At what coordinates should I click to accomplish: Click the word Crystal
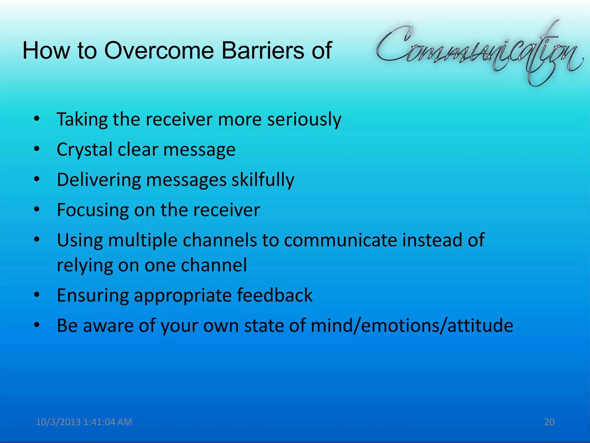[x=84, y=150]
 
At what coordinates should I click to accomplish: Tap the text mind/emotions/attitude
[x=412, y=326]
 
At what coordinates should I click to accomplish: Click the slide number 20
[x=549, y=422]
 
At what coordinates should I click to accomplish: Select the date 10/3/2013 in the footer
[x=58, y=422]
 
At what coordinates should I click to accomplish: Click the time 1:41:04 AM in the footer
[x=107, y=422]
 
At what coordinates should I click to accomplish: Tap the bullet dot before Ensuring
[x=36, y=295]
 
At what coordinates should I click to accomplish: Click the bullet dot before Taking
[x=36, y=119]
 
